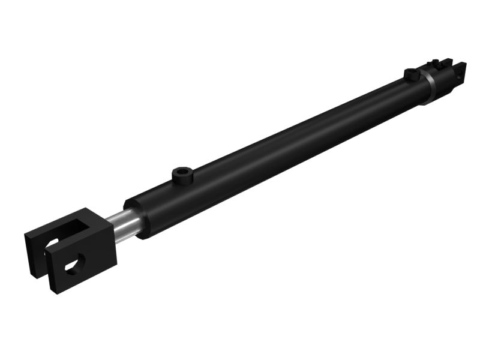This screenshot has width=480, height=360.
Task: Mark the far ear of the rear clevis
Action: pos(447,61)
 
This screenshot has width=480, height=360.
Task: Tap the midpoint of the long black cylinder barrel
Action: pos(276,150)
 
